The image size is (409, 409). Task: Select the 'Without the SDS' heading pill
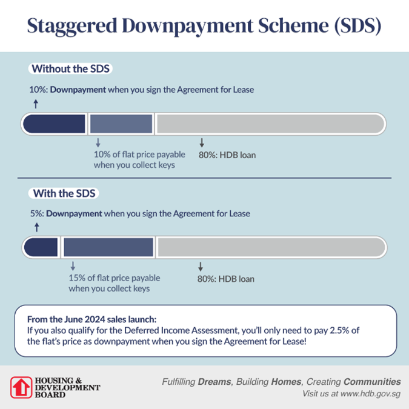click(x=70, y=68)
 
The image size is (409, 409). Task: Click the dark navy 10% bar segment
click(x=55, y=124)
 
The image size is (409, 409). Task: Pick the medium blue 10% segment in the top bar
click(x=121, y=124)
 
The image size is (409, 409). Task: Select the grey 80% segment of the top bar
click(x=270, y=124)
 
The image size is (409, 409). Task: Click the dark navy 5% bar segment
click(x=41, y=247)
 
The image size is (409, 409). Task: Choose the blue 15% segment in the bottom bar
click(x=108, y=247)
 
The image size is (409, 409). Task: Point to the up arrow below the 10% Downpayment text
click(x=36, y=104)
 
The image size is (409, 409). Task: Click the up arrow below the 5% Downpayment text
click(x=36, y=227)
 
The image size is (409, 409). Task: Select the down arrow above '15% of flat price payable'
click(x=72, y=266)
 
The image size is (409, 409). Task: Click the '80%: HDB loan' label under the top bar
click(x=227, y=155)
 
